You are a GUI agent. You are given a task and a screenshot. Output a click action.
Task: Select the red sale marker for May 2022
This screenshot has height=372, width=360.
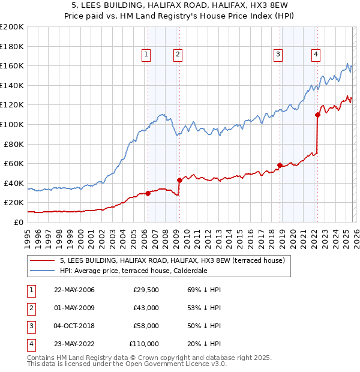pyautogui.click(x=317, y=115)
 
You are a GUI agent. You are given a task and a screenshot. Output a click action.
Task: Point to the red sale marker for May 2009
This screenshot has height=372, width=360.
pyautogui.click(x=179, y=180)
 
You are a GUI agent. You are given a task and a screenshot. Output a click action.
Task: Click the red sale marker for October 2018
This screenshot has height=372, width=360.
pyautogui.click(x=280, y=165)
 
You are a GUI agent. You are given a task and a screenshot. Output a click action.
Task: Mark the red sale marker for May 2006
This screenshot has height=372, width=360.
pyautogui.click(x=148, y=193)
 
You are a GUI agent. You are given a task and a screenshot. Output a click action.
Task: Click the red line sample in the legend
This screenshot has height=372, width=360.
pyautogui.click(x=43, y=260)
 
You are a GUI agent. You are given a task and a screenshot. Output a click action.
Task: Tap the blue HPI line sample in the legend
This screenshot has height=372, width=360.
pyautogui.click(x=43, y=271)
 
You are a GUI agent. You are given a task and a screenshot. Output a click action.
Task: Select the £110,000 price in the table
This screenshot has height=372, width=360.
pyautogui.click(x=144, y=344)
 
